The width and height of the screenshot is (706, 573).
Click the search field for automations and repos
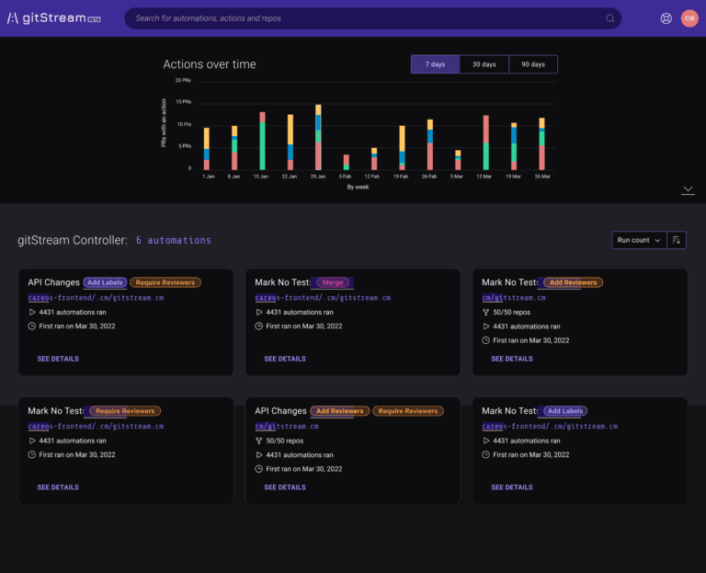coord(368,18)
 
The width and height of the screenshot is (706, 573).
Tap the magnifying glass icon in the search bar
coord(609,18)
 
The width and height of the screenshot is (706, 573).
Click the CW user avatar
coord(689,18)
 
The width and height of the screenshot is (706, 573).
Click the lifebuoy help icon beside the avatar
coord(666,18)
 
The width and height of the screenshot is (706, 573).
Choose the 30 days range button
coord(484,64)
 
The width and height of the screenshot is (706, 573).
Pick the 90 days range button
coord(533,64)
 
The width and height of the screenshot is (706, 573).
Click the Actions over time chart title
coord(210,64)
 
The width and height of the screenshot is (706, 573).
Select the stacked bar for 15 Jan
coord(262,141)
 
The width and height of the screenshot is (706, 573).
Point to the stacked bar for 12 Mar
coord(485,143)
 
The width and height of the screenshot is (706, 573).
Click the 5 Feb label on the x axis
coord(345,177)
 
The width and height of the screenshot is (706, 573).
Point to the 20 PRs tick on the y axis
coord(184,81)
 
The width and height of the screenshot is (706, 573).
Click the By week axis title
coord(358,187)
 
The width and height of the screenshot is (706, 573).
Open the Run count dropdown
coord(638,240)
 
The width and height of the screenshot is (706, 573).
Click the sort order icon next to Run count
coord(678,240)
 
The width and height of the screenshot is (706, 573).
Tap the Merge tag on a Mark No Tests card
coord(333,282)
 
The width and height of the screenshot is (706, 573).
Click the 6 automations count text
coord(174,240)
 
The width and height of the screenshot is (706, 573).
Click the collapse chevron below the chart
coord(688,190)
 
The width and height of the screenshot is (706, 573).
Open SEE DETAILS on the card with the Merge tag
coord(285,359)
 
